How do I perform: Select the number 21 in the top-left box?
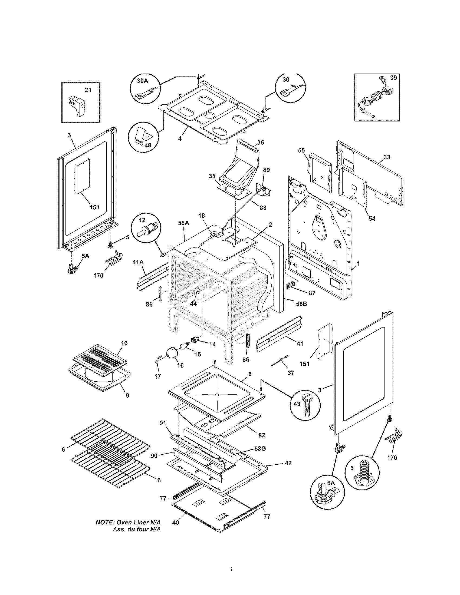pyautogui.click(x=88, y=90)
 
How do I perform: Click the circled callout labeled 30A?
pyautogui.click(x=145, y=88)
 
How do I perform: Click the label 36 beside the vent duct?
pyautogui.click(x=260, y=142)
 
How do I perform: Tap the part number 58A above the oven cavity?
pyautogui.click(x=183, y=223)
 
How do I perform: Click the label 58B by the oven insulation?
pyautogui.click(x=301, y=303)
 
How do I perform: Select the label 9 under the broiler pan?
pyautogui.click(x=127, y=396)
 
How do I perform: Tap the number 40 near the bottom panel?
pyautogui.click(x=176, y=523)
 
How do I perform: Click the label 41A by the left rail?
pyautogui.click(x=138, y=262)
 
